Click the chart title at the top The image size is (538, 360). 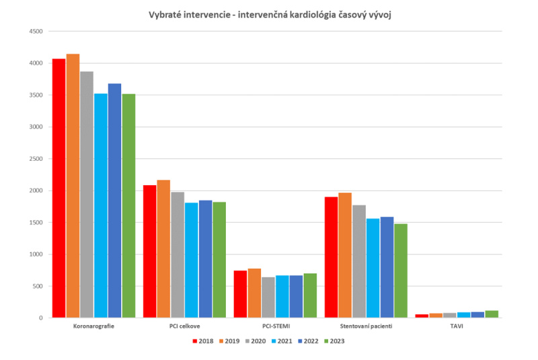[269, 15]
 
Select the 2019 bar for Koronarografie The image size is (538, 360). [73, 186]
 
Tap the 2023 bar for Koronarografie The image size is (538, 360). [128, 206]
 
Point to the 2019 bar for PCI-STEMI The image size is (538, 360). [254, 293]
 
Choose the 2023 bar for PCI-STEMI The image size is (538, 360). [310, 295]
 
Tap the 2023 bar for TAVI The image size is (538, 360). [492, 314]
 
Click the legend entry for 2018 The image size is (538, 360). [202, 341]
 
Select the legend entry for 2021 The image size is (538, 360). [281, 341]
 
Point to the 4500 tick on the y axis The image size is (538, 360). [36, 32]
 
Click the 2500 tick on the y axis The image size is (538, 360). [36, 159]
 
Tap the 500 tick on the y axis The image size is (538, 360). [38, 286]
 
